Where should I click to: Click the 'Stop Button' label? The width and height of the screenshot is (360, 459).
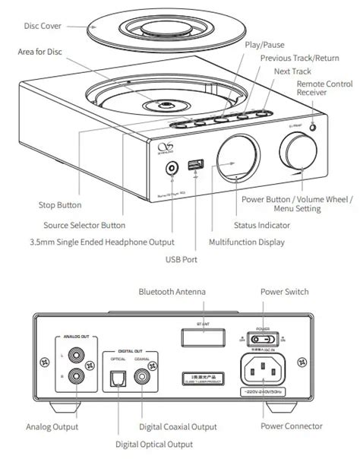(x=59, y=205)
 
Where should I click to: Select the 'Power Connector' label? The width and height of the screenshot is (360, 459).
(x=291, y=426)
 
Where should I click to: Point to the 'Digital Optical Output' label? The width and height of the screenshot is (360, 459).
(x=154, y=444)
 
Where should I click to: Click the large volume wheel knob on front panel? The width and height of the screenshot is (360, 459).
(x=295, y=147)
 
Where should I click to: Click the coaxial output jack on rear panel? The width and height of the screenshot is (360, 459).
(x=142, y=374)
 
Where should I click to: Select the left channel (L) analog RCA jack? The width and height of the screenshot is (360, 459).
(x=77, y=353)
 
